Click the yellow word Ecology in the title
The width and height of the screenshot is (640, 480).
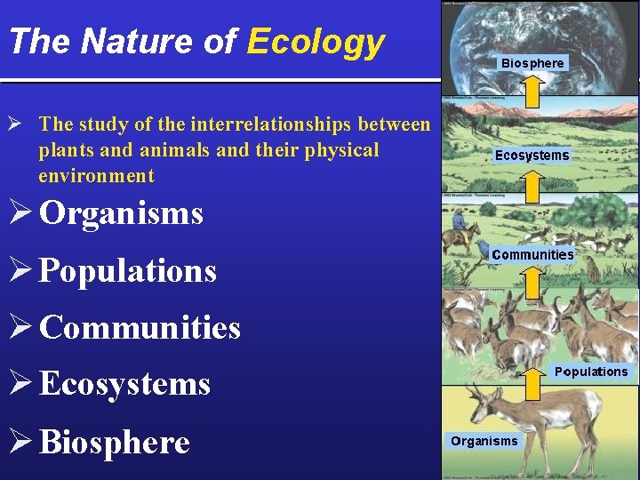pyautogui.click(x=316, y=42)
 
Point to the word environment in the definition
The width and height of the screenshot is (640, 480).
pyautogui.click(x=96, y=175)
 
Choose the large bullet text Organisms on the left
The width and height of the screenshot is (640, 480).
pyautogui.click(x=121, y=213)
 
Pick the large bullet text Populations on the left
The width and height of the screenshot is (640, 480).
pyautogui.click(x=128, y=270)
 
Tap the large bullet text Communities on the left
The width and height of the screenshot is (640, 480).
pyautogui.click(x=140, y=327)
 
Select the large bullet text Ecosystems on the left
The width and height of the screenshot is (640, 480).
pyautogui.click(x=124, y=385)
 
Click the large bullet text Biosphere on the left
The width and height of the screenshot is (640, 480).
pyautogui.click(x=115, y=442)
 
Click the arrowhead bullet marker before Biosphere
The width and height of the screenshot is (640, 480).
pyautogui.click(x=20, y=442)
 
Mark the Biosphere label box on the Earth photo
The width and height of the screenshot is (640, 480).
pyautogui.click(x=532, y=63)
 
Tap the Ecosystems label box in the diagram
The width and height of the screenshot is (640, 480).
pyautogui.click(x=532, y=156)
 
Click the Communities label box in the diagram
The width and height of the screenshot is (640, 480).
pyautogui.click(x=532, y=254)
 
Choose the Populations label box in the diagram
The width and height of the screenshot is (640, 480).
pyautogui.click(x=590, y=372)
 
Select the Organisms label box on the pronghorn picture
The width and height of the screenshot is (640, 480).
pyautogui.click(x=484, y=441)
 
